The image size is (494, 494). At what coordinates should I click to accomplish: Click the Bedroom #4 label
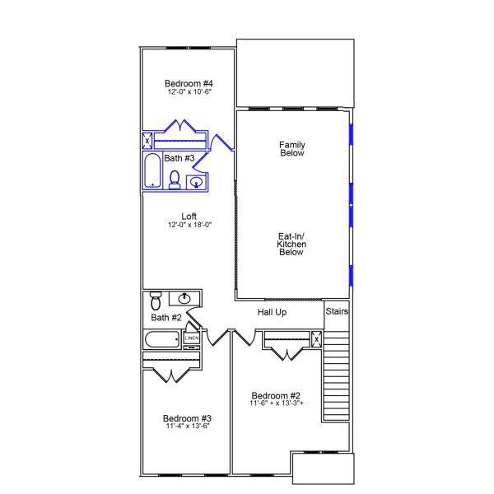(x=189, y=84)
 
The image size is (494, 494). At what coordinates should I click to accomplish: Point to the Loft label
(x=189, y=217)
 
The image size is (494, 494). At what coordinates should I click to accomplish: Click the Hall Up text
(x=272, y=313)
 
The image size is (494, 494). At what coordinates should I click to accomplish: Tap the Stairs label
(x=338, y=312)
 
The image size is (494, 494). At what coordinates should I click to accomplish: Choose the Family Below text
(x=292, y=149)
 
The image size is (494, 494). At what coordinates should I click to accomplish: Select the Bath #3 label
(x=179, y=158)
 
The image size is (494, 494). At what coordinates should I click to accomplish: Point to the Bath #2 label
(x=165, y=317)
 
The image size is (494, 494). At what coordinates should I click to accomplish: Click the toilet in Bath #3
(x=175, y=179)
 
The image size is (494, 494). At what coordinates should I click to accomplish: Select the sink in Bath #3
(x=197, y=182)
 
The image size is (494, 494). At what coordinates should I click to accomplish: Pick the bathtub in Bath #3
(x=152, y=173)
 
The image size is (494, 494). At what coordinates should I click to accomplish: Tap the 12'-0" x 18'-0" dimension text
(x=190, y=225)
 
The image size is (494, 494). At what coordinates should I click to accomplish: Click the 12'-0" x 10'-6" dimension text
(x=189, y=92)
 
